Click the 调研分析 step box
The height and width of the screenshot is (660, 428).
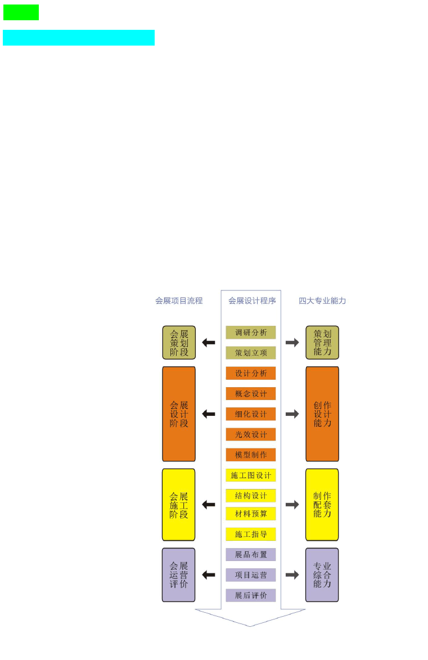point(251,333)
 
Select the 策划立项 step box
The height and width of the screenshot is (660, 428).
point(251,353)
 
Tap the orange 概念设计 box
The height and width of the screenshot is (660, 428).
point(251,393)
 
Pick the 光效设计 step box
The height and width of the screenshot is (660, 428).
point(251,434)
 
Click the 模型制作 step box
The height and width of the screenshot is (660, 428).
point(251,455)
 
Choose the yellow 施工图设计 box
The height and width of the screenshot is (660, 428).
point(251,475)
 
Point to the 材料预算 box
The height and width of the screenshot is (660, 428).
point(251,514)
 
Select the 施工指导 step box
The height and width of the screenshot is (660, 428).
point(251,534)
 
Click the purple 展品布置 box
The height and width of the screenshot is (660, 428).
point(251,554)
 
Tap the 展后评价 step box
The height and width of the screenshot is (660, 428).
point(251,595)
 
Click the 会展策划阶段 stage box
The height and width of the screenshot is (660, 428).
point(179,343)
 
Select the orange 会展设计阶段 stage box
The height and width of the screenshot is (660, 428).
point(179,414)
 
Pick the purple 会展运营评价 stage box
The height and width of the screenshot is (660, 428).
point(179,575)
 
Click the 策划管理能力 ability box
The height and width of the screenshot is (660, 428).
point(322,343)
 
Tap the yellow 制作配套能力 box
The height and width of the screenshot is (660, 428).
point(322,505)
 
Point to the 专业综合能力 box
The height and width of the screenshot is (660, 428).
point(322,575)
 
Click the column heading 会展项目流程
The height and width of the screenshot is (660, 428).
point(179,300)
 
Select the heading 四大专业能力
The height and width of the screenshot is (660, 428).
point(322,300)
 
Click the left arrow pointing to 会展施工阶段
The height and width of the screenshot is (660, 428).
point(209,504)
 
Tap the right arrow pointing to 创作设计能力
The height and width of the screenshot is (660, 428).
point(292,414)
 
